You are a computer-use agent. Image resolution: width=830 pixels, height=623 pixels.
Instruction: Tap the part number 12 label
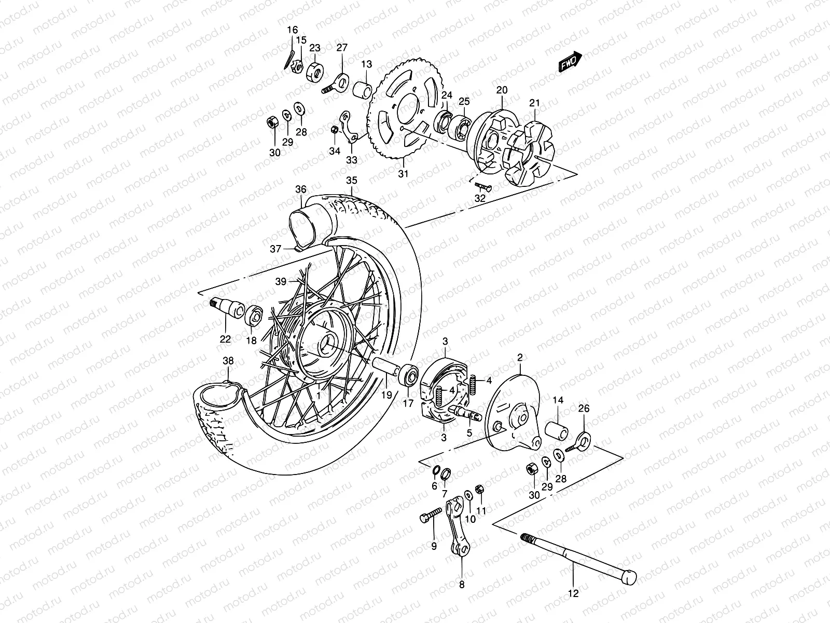tap(573, 592)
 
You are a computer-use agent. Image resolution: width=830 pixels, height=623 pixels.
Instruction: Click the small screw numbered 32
tap(483, 186)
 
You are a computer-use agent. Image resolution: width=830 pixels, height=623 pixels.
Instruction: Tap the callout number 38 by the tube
tap(228, 361)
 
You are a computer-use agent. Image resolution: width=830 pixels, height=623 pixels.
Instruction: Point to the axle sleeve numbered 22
tap(228, 308)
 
